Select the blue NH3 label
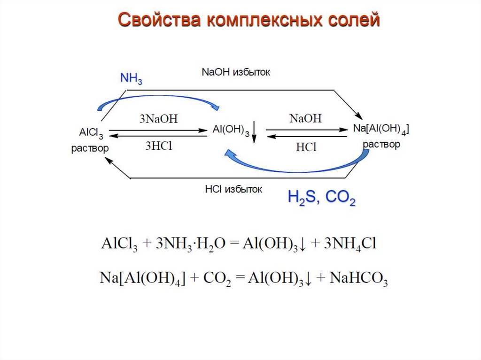point(131,78)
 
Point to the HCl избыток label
point(233,190)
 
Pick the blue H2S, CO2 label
point(321,199)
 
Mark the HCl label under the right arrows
point(306,147)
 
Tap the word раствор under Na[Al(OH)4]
point(381,145)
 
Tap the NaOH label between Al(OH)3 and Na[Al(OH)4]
point(306,119)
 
